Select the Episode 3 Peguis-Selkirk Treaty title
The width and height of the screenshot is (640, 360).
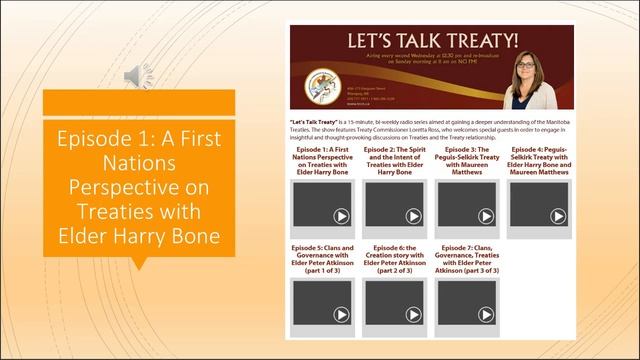(470, 160)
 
